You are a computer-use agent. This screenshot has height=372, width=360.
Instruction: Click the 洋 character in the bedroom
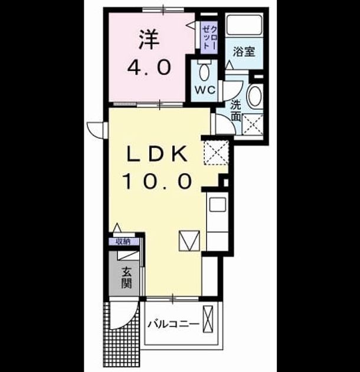tap(149, 40)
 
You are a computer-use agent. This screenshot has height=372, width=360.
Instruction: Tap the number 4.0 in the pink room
tap(149, 67)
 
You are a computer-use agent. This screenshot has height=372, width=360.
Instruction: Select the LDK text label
tap(157, 154)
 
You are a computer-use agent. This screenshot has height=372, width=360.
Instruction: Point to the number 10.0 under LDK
tap(157, 181)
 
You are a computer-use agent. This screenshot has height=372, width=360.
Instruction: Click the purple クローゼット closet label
tap(210, 37)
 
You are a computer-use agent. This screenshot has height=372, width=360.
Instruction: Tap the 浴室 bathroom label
tap(244, 52)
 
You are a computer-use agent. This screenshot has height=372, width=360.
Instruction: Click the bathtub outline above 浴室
tap(244, 25)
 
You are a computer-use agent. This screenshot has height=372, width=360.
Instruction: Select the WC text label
tap(205, 90)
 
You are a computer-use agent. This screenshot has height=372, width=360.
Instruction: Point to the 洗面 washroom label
tap(236, 111)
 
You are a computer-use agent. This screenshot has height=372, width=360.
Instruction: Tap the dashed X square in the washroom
tap(253, 125)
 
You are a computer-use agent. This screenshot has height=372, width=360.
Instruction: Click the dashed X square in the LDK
tap(216, 152)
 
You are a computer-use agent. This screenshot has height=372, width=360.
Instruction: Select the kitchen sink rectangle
tap(217, 204)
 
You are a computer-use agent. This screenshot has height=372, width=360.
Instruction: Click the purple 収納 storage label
tap(123, 242)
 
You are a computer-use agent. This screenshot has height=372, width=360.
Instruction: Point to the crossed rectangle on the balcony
tap(208, 319)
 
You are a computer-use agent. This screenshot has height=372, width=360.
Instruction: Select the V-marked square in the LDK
tap(189, 240)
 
